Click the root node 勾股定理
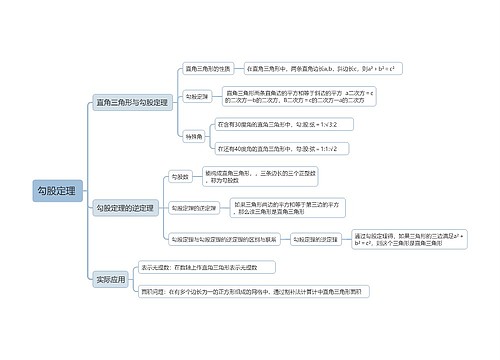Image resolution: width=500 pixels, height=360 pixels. pyautogui.click(x=56, y=189)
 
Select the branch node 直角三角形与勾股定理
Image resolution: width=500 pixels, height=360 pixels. pyautogui.click(x=131, y=102)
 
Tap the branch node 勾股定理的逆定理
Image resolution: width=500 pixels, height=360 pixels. pyautogui.click(x=126, y=208)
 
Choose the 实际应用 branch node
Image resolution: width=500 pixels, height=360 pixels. pyautogui.click(x=110, y=280)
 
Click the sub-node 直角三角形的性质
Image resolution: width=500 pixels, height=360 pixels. pyautogui.click(x=207, y=68)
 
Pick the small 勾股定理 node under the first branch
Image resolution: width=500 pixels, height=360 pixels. pyautogui.click(x=197, y=97)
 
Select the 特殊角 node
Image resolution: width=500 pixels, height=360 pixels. pyautogui.click(x=193, y=134)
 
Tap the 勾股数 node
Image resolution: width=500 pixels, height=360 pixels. pyautogui.click(x=180, y=175)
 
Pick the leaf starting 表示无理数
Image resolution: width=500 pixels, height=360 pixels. pyautogui.click(x=199, y=268)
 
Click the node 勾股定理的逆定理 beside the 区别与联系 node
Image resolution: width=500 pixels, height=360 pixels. pyautogui.click(x=316, y=239)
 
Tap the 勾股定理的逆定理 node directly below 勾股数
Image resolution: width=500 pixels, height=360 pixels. pyautogui.click(x=194, y=207)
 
